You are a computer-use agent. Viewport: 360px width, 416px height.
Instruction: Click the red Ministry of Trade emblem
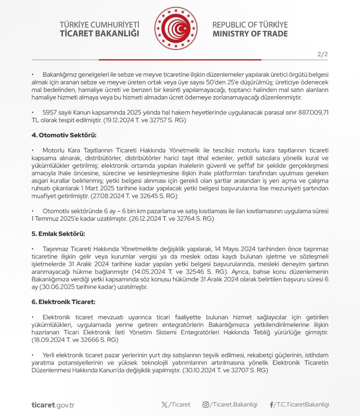[176, 29]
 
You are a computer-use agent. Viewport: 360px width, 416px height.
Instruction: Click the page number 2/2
[322, 54]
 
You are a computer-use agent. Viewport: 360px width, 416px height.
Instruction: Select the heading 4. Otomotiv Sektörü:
[64, 135]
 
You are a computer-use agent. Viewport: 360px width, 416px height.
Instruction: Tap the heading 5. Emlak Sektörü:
[58, 234]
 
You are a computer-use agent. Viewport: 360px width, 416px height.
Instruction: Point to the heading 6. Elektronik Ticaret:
[63, 302]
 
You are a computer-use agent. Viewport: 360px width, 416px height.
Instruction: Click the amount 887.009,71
[313, 113]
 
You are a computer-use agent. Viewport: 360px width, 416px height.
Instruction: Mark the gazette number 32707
[238, 370]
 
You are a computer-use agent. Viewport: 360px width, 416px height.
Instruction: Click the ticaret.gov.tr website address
[53, 405]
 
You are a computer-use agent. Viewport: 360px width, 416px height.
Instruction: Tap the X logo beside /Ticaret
[164, 405]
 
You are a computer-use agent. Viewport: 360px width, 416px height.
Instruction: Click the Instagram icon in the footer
[205, 405]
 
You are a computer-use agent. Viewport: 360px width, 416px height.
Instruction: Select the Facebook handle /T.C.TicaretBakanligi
[301, 405]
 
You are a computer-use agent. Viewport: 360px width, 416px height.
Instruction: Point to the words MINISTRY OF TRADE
[250, 34]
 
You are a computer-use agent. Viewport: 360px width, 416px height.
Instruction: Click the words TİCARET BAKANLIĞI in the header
[99, 34]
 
